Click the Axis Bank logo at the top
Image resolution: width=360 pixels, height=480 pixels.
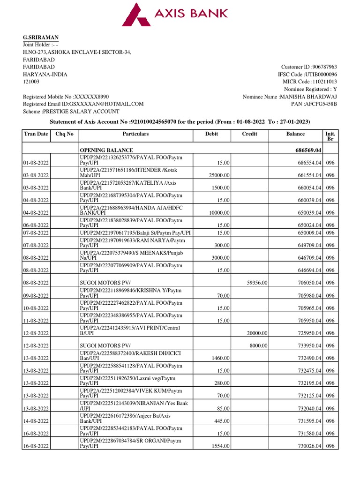pos(175,14)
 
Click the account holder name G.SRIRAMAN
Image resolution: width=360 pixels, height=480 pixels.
pos(41,37)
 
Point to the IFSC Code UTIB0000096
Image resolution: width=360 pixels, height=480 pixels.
pos(321,75)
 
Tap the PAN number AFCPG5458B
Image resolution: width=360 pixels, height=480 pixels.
pos(321,104)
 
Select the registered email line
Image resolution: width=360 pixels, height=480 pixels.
pos(83,104)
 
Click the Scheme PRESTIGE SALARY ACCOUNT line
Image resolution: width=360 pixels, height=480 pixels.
pos(71,112)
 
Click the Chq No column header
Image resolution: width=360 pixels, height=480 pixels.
pos(64,134)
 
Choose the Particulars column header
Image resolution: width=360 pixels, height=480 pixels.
pos(135,134)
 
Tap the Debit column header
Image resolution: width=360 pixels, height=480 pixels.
pos(212,134)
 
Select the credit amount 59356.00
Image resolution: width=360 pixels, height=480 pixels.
pos(257,283)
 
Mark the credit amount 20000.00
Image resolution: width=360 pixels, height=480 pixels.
pos(257,333)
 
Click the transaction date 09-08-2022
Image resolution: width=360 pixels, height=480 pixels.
pos(37,295)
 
